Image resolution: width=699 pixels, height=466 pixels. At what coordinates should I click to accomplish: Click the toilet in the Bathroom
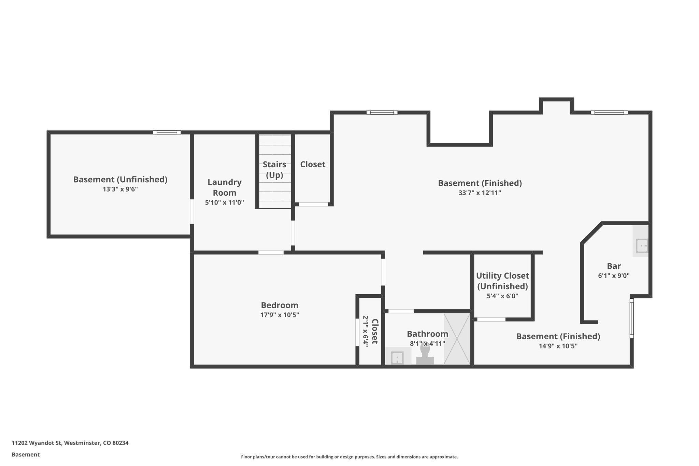pos(425,355)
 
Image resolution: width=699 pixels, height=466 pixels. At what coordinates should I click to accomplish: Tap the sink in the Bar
pos(641,245)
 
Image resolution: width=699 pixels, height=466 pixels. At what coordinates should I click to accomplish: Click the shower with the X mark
pos(457,339)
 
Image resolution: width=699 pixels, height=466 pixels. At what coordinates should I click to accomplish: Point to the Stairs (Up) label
pos(274,170)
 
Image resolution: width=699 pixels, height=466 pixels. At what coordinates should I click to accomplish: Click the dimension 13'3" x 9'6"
pos(120,189)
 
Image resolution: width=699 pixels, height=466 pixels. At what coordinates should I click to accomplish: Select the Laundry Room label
pos(225,187)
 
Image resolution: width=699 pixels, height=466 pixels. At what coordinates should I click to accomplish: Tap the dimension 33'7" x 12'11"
pos(480,193)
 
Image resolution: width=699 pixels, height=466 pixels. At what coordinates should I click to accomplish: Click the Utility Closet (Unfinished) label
pos(502,281)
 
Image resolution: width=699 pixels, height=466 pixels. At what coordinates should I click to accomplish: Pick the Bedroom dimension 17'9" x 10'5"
pos(280,315)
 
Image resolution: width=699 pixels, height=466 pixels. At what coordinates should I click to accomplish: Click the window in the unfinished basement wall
pos(167,132)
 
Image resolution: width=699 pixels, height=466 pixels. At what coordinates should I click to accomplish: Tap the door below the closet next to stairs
pos(313,204)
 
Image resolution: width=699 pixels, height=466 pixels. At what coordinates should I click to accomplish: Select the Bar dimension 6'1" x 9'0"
pos(614,276)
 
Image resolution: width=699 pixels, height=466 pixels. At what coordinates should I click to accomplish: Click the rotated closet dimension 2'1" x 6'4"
pos(365,331)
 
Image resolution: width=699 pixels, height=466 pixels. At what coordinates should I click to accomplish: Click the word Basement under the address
pos(26,454)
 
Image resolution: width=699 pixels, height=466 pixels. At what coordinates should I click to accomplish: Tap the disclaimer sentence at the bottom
pos(349,457)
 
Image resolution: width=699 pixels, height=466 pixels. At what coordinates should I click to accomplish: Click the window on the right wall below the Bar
pos(631,318)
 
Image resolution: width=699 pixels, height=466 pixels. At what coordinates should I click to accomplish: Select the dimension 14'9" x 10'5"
pos(558,346)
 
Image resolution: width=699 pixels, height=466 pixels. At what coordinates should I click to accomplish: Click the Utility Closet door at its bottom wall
pos(491,319)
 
